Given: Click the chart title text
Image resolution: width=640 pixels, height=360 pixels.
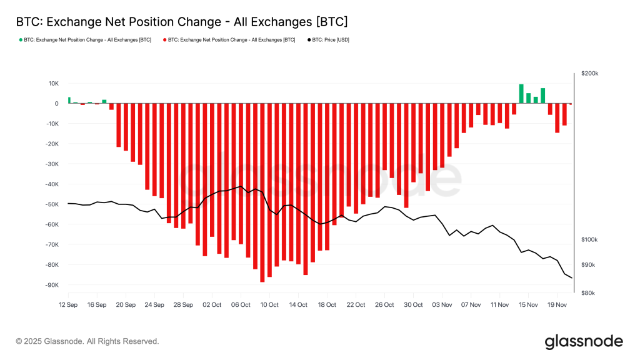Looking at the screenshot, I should click(x=181, y=22).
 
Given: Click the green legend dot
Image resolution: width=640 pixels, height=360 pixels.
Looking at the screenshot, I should click(x=21, y=40).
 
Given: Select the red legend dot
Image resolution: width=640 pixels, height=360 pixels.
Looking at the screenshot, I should click(x=165, y=40).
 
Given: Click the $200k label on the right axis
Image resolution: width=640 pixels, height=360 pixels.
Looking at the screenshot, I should click(x=589, y=73).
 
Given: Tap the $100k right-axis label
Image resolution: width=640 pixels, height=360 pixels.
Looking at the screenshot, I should click(x=589, y=240).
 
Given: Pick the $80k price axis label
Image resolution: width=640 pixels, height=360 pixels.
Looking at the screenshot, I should click(x=588, y=293).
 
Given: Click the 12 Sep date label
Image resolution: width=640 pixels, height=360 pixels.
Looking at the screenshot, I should click(x=68, y=305).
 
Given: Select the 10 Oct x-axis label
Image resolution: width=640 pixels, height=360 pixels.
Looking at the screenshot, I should click(x=269, y=305).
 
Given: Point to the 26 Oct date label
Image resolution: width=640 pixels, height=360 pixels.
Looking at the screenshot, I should click(x=384, y=305).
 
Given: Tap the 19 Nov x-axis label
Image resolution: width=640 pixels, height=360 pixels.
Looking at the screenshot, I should click(x=557, y=305).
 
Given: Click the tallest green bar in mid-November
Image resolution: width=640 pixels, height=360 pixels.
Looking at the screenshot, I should click(x=521, y=94).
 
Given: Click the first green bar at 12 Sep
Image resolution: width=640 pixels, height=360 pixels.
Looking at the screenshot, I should click(x=69, y=100).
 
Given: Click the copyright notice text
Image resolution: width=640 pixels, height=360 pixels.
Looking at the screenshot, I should click(x=87, y=341).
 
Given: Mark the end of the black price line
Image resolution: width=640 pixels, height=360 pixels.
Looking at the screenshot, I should click(x=571, y=277).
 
